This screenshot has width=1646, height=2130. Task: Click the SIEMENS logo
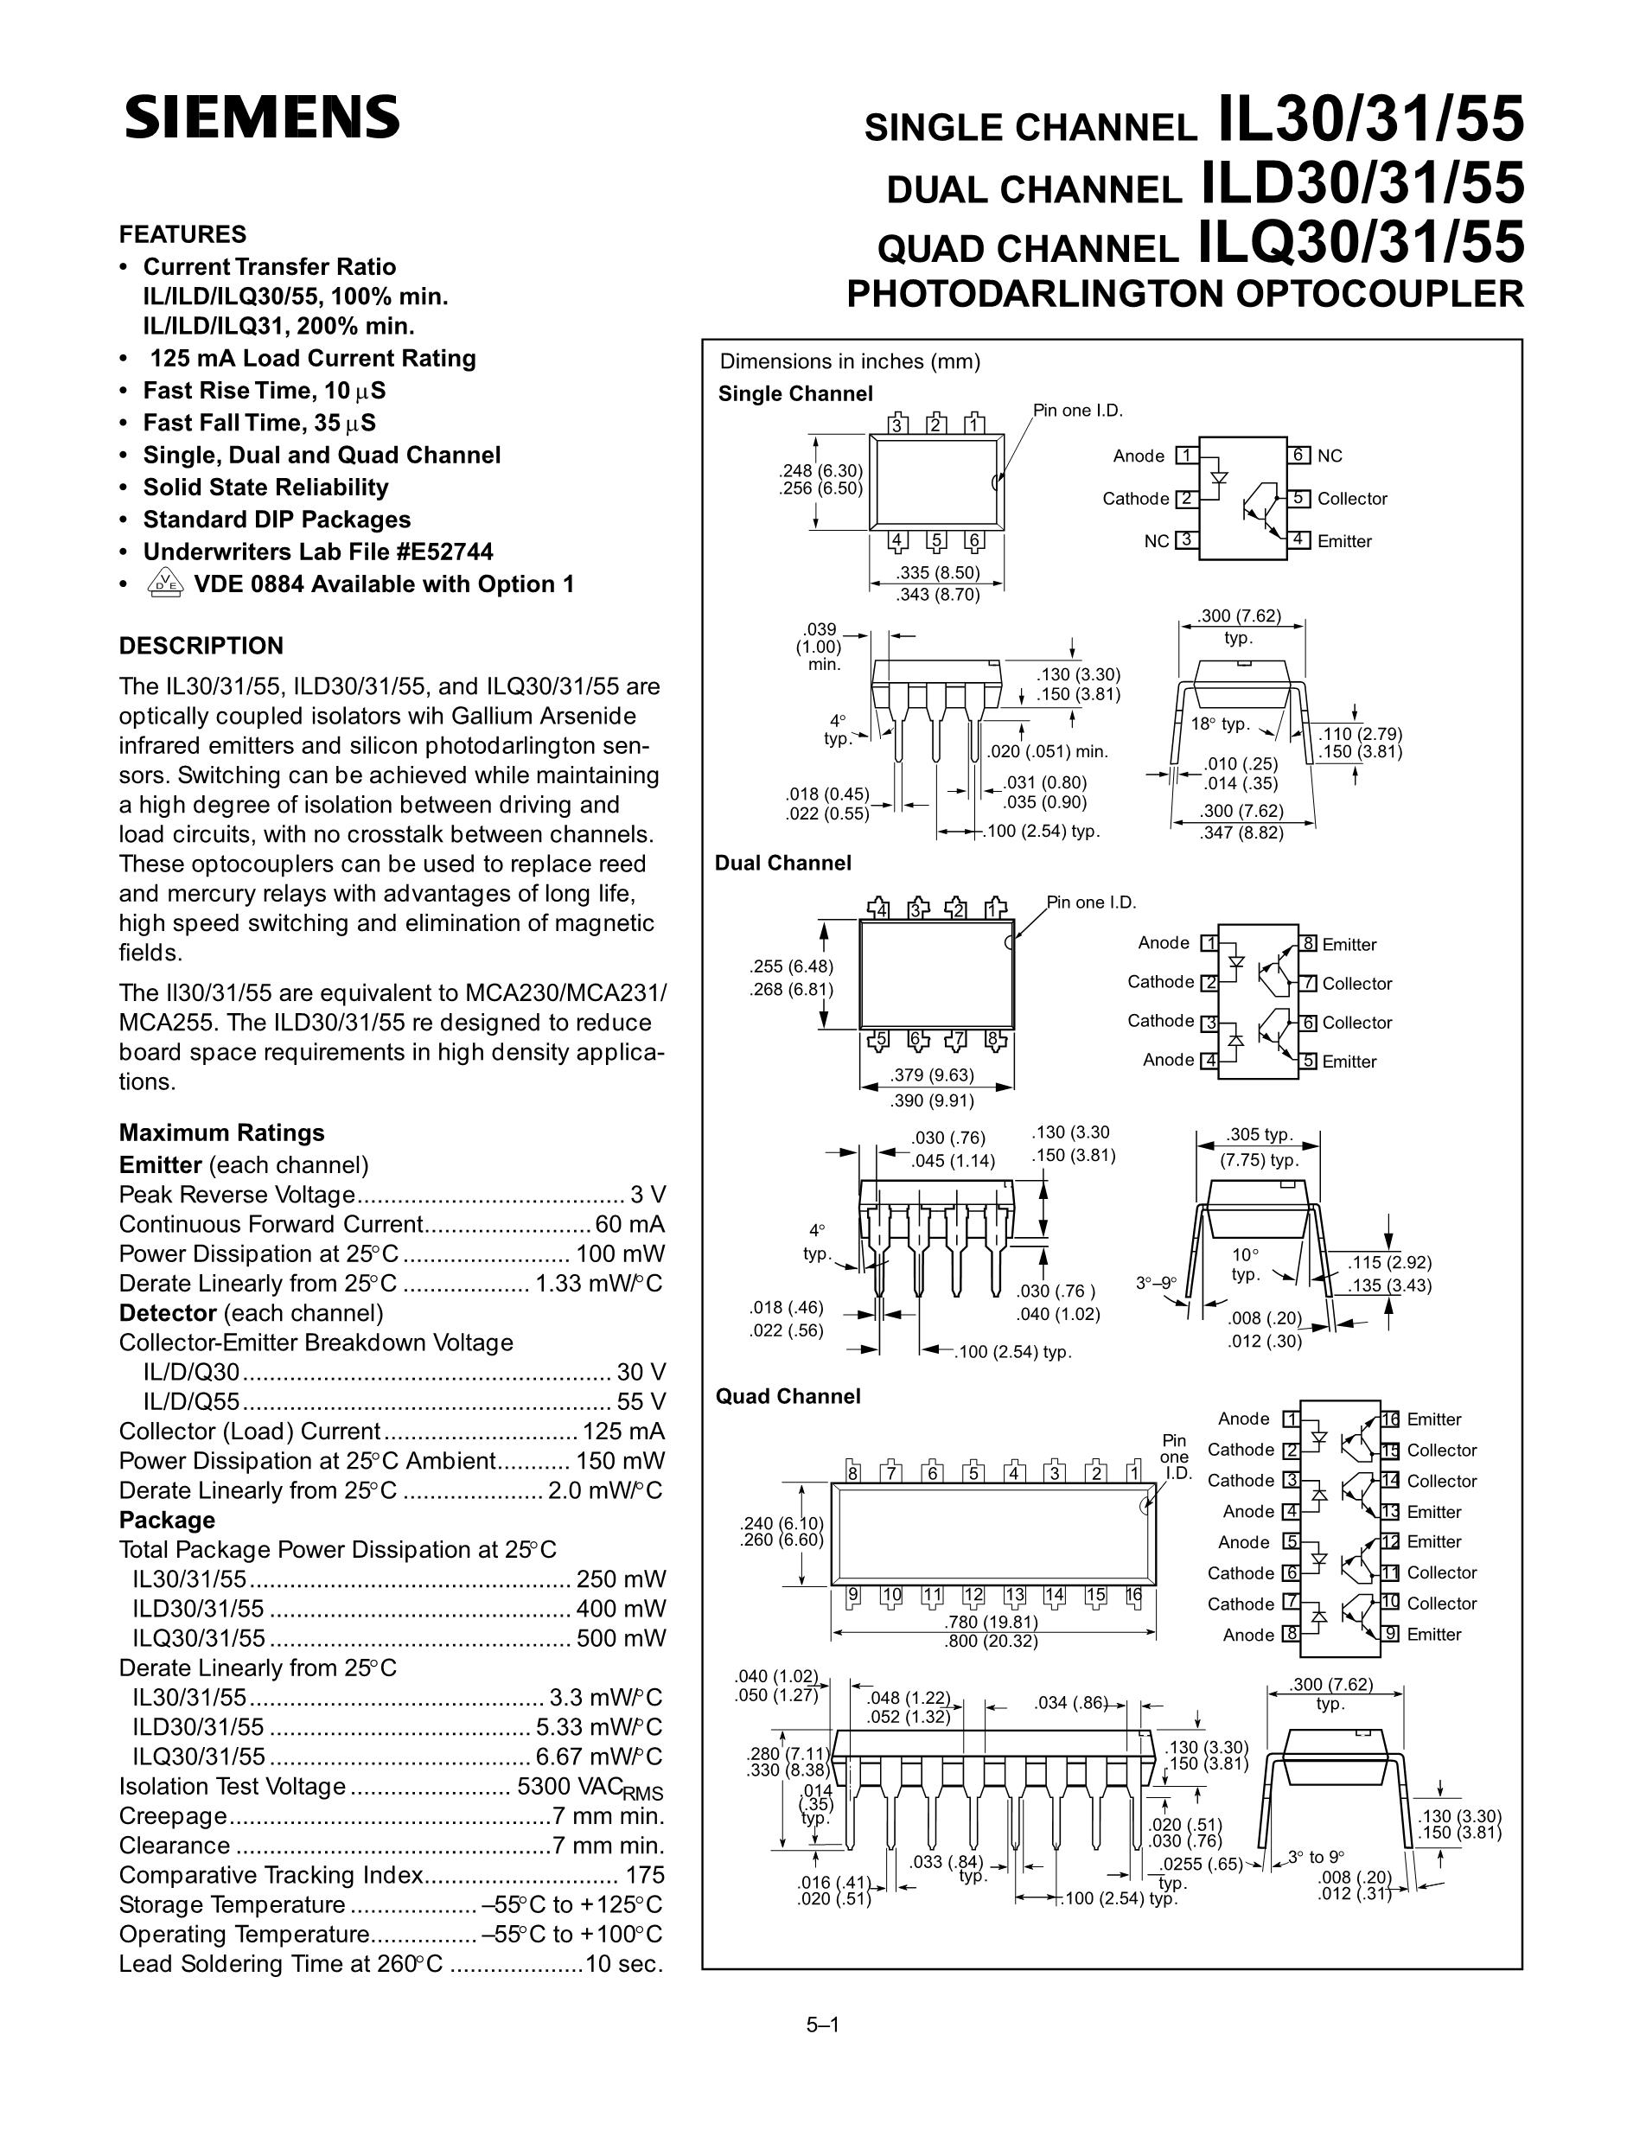click(x=261, y=118)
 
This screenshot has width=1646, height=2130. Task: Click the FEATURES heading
click(x=182, y=234)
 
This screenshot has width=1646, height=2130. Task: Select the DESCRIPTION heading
click(x=201, y=646)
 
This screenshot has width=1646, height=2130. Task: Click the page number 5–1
click(x=822, y=2025)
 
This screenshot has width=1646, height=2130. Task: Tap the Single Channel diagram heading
click(x=794, y=394)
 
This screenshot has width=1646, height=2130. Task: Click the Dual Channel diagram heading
click(x=783, y=863)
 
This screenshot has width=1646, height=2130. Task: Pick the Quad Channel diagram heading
click(x=788, y=1397)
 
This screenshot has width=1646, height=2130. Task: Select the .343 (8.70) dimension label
click(x=938, y=594)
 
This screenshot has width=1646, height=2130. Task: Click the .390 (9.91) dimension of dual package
click(x=932, y=1100)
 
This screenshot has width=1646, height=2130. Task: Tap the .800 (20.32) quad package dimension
click(x=991, y=1641)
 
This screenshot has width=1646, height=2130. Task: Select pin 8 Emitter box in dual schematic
click(x=1309, y=943)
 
